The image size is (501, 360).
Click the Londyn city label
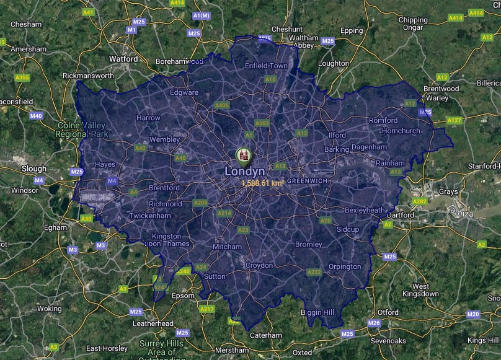click(x=244, y=171)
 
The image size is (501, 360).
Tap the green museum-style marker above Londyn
click(x=244, y=154)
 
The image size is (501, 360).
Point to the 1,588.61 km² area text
click(x=263, y=183)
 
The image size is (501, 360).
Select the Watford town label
click(x=123, y=59)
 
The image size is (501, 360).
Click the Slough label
click(x=33, y=169)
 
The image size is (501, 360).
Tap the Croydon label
click(x=259, y=265)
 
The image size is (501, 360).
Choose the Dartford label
click(x=400, y=215)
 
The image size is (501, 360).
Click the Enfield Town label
click(x=267, y=66)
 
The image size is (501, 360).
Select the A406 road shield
click(x=222, y=105)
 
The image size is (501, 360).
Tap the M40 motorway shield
click(x=37, y=116)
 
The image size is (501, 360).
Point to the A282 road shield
click(x=420, y=201)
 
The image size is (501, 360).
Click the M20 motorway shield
click(x=474, y=315)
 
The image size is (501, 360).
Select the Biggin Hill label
click(x=320, y=312)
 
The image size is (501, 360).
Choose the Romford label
click(x=383, y=120)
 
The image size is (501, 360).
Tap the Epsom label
click(x=183, y=296)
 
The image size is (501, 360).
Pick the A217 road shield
click(x=206, y=309)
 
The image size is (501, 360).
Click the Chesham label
click(x=26, y=24)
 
